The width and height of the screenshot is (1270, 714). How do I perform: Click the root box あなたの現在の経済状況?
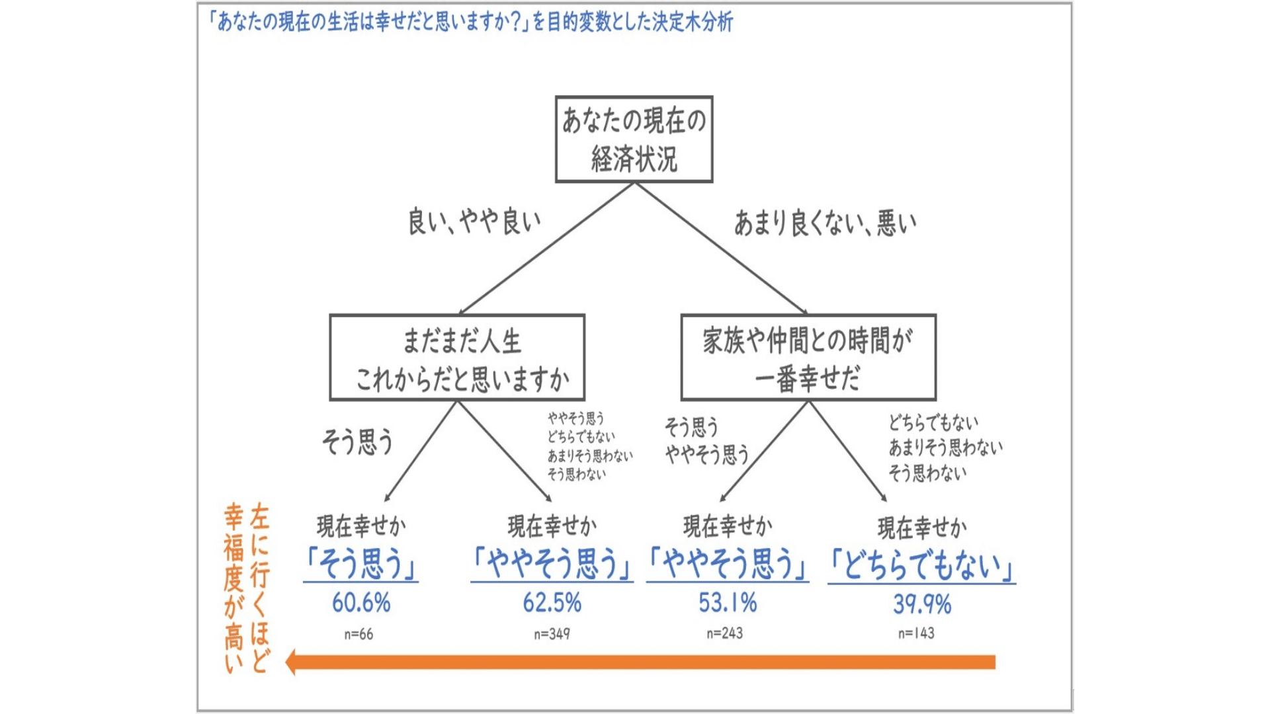(x=634, y=139)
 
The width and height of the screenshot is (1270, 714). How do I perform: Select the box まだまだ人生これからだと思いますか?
(x=457, y=358)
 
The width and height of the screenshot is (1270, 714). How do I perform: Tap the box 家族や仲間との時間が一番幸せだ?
(x=808, y=358)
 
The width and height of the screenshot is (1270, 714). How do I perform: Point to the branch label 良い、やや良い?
(x=474, y=222)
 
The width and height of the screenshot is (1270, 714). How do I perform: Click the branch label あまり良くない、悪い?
(x=825, y=223)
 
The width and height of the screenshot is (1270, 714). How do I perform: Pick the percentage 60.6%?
(x=361, y=603)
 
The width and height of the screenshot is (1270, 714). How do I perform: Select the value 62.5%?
(x=552, y=603)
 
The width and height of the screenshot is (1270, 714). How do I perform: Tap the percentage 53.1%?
(x=728, y=603)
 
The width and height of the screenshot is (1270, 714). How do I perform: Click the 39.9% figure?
(x=922, y=604)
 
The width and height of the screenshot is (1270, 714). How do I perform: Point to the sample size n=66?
(x=359, y=635)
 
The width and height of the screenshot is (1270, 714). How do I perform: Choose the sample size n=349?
(x=552, y=634)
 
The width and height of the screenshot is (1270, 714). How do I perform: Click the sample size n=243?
(x=724, y=633)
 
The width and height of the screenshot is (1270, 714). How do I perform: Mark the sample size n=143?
(x=916, y=633)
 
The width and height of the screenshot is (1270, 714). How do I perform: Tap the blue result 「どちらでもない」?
(x=921, y=566)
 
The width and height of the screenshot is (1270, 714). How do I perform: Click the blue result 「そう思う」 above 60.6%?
(x=361, y=565)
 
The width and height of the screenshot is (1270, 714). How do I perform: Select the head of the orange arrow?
(x=291, y=662)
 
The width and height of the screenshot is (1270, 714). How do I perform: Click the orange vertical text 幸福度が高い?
(x=233, y=588)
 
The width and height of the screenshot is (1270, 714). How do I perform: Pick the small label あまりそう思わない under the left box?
(x=589, y=456)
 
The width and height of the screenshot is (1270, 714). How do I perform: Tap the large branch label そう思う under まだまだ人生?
(x=357, y=442)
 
